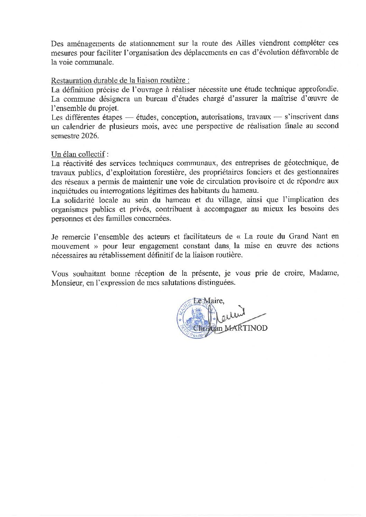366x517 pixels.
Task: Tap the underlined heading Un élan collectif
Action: click(x=78, y=154)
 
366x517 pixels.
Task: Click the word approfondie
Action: click(x=313, y=89)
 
